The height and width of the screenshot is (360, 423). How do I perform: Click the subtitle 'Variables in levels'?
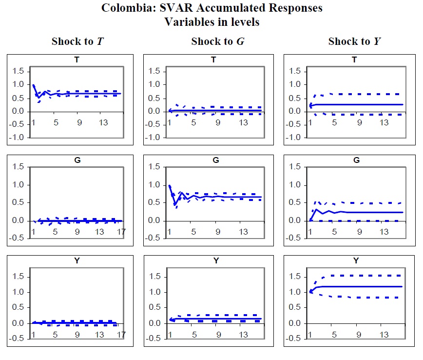point(211,22)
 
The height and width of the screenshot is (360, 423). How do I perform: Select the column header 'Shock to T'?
point(77,41)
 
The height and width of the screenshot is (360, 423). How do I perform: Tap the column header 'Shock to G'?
point(218,41)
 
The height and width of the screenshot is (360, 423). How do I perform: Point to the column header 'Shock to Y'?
point(355,41)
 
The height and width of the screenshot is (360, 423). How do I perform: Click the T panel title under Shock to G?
point(214,60)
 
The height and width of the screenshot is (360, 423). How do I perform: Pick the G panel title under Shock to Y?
point(355,160)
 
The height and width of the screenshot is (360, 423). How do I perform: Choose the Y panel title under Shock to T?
point(77,261)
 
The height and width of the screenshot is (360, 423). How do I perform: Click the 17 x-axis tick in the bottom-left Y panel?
point(121,335)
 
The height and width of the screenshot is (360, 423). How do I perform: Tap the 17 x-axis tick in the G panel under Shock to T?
point(121,232)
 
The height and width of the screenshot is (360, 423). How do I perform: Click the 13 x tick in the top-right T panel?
point(384,123)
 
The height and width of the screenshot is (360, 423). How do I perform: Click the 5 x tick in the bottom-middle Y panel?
point(194,335)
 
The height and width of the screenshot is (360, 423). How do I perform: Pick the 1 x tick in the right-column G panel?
point(310,232)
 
